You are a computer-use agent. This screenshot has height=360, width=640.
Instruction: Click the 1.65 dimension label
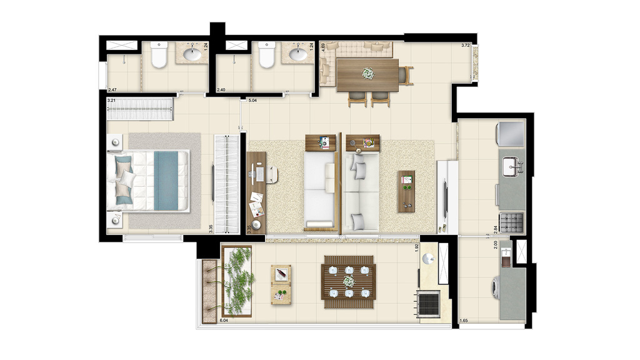(x=464, y=321)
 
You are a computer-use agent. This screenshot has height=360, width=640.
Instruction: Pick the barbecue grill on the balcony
(x=429, y=304)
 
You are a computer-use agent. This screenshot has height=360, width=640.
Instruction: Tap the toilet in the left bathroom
(x=159, y=56)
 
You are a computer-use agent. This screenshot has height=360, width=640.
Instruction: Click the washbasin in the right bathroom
(x=298, y=54)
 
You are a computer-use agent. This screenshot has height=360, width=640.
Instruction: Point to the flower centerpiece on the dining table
(x=367, y=74)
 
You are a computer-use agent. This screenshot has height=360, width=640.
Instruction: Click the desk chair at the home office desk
(x=273, y=173)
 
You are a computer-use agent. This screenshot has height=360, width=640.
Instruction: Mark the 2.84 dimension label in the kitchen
(x=495, y=226)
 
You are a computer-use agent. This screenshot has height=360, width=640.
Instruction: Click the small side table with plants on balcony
(x=281, y=284)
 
